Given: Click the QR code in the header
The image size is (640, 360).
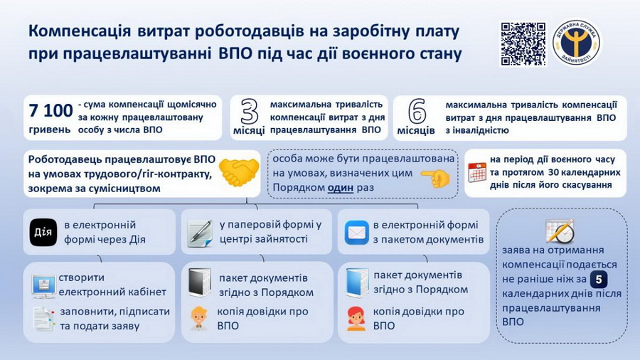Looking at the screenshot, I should (x=523, y=43).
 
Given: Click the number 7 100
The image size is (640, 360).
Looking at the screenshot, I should (x=50, y=110).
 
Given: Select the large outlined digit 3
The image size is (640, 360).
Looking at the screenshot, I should (x=249, y=111).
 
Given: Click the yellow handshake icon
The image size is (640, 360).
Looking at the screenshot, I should (x=238, y=172).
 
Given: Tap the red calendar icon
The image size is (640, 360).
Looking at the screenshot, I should (x=477, y=172).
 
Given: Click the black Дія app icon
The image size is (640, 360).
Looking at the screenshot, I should (x=44, y=232).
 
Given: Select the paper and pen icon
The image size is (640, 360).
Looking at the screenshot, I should (x=200, y=233).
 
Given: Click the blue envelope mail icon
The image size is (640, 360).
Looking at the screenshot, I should (x=356, y=233).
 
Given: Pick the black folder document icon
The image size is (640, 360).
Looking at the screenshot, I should (x=199, y=282).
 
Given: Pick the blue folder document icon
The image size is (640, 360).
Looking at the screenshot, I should (x=356, y=282).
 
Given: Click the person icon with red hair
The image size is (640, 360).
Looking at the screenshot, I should (x=356, y=318).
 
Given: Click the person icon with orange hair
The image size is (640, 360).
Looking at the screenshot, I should (x=199, y=317).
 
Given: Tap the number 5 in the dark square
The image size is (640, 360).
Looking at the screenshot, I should (x=599, y=279).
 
